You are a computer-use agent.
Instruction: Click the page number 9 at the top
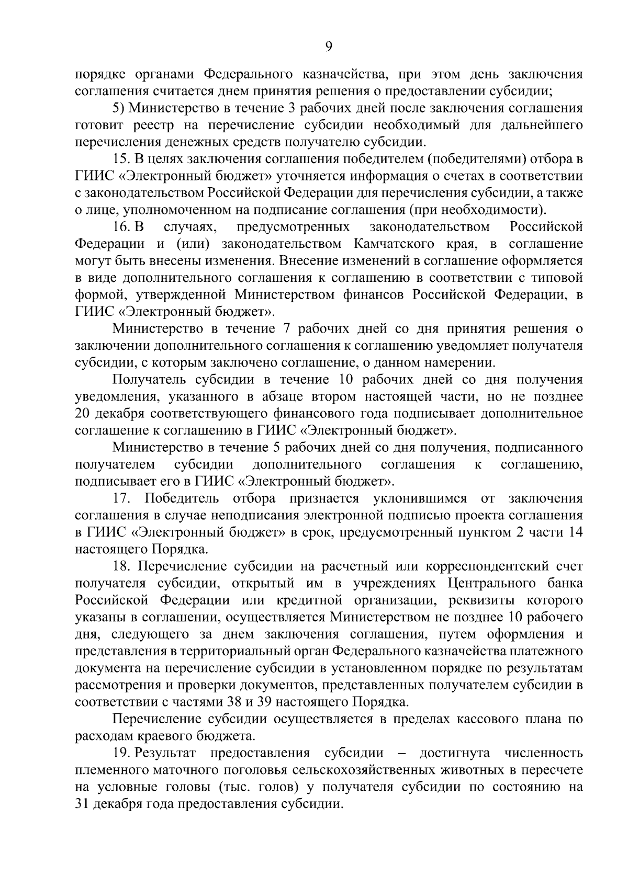click(328, 47)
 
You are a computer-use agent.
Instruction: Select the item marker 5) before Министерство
click(119, 108)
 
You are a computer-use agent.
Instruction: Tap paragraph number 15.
click(120, 159)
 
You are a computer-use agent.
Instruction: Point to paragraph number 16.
click(120, 227)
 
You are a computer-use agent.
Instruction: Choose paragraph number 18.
click(121, 566)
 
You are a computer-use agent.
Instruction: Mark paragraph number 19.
click(121, 753)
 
